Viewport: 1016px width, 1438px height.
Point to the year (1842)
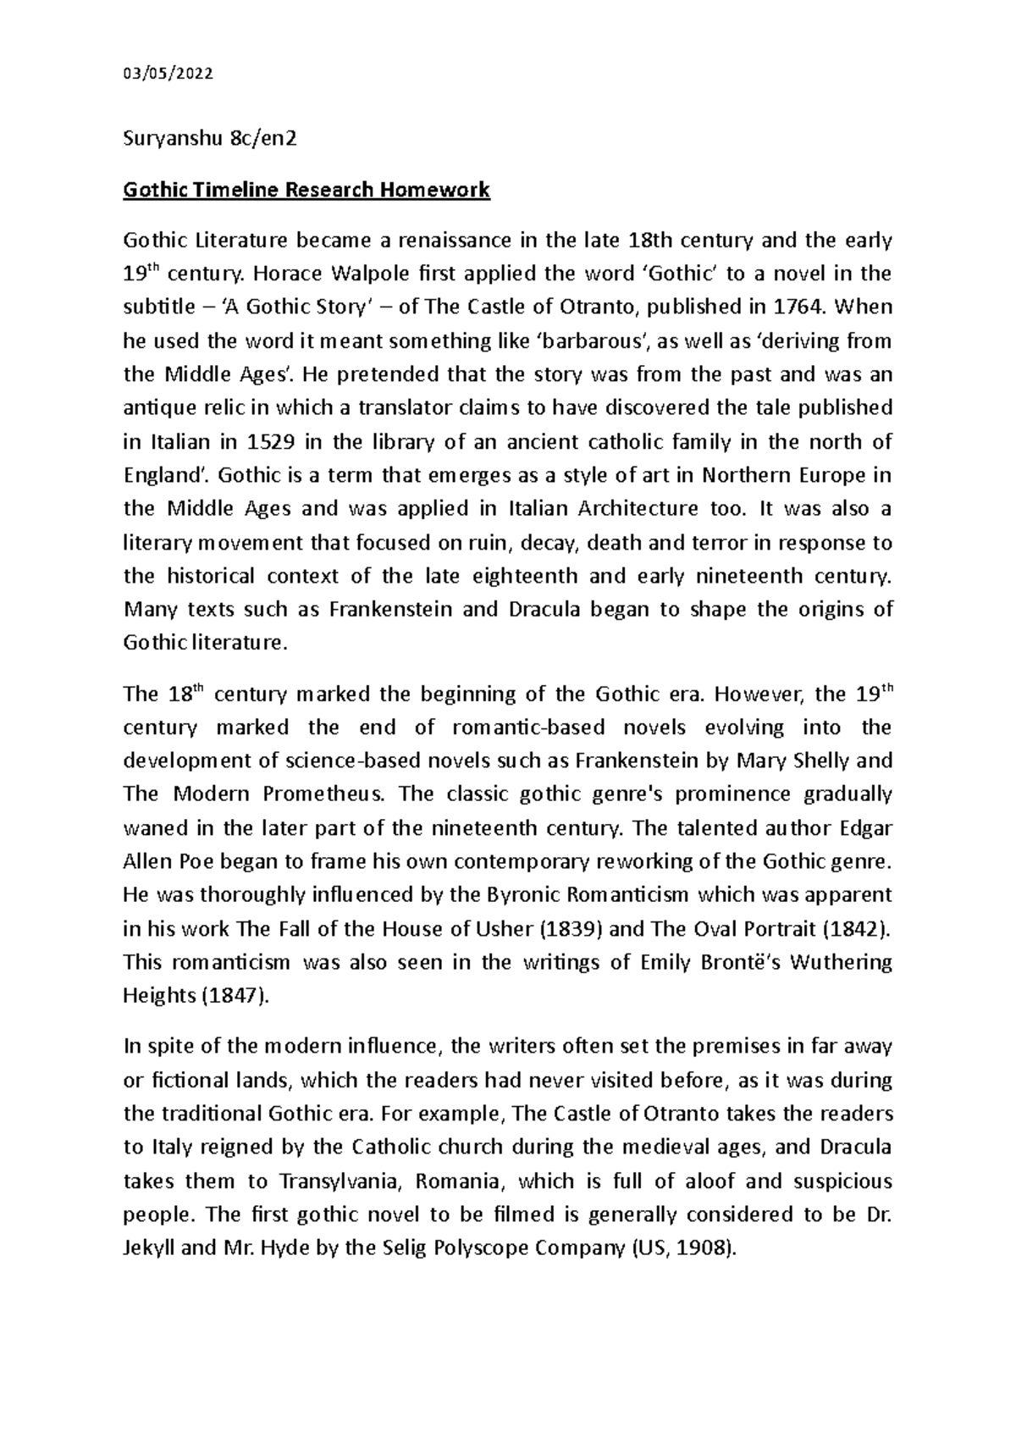(857, 929)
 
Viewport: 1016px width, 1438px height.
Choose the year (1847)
(235, 996)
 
